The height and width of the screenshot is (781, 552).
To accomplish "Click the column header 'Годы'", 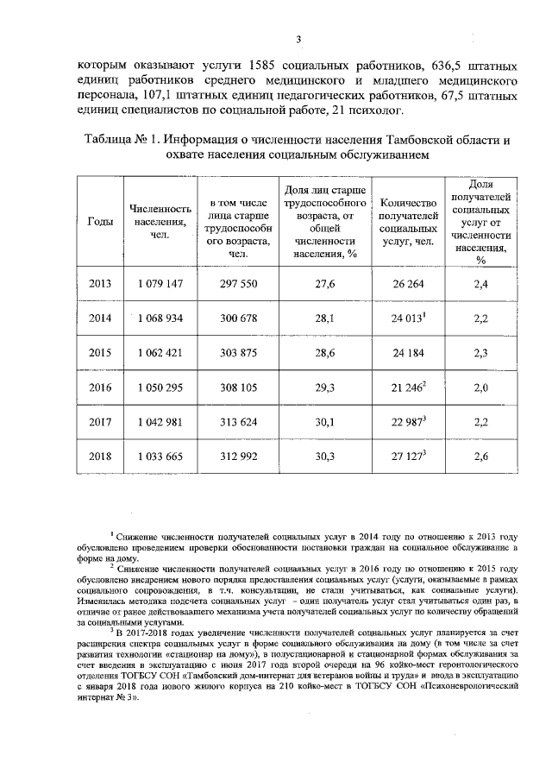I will [x=101, y=222].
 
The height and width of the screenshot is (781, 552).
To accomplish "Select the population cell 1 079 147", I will [x=160, y=284].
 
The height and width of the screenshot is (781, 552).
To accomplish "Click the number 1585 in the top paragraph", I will [x=263, y=66].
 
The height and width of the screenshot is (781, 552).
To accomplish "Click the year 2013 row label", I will [x=101, y=284].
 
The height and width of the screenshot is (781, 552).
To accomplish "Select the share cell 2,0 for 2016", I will [x=481, y=387].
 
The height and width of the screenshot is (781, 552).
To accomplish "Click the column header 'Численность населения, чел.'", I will [x=160, y=222].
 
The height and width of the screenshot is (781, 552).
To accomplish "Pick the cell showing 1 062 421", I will [x=160, y=352].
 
